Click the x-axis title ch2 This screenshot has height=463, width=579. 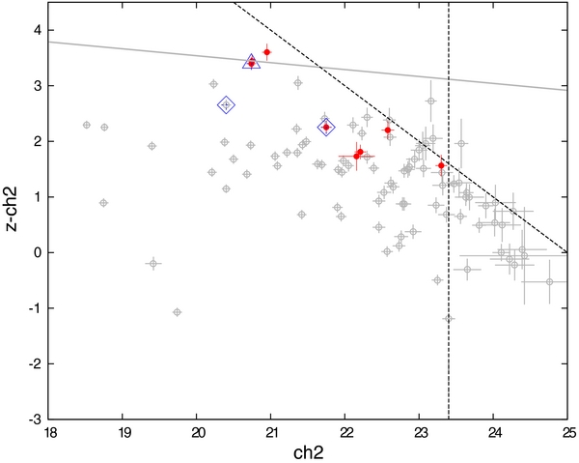click(x=308, y=450)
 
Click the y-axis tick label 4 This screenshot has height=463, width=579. click(x=36, y=30)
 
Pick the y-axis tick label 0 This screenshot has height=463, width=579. click(x=36, y=252)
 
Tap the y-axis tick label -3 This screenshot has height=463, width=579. click(x=33, y=420)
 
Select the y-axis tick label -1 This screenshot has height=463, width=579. click(x=33, y=308)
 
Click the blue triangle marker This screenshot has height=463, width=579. click(x=251, y=62)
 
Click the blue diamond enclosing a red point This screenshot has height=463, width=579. click(x=326, y=127)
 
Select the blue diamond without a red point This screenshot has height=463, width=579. click(x=226, y=105)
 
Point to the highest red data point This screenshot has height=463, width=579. click(x=266, y=52)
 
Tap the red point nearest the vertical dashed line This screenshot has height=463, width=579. click(x=441, y=165)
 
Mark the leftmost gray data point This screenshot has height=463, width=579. click(x=87, y=125)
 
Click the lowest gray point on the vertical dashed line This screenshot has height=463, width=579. click(x=449, y=318)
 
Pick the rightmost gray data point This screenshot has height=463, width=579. click(x=549, y=281)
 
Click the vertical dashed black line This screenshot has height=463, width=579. click(x=450, y=367)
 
